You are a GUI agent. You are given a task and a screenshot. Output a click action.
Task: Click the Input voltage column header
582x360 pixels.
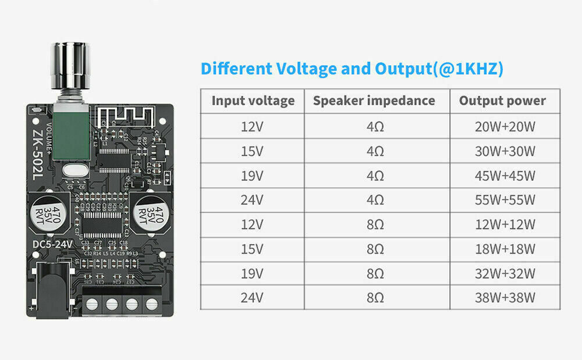point(253,101)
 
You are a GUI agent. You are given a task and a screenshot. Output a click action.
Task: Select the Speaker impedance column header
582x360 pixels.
point(374,101)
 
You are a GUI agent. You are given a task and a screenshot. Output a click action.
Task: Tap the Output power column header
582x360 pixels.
point(502,101)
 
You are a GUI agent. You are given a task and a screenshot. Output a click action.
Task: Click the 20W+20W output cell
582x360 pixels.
point(504,126)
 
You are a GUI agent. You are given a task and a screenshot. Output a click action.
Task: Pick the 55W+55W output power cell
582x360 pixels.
point(504,200)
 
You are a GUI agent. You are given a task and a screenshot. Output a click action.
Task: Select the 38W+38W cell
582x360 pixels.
point(504,298)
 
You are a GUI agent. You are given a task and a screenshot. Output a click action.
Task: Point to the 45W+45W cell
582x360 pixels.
point(504,176)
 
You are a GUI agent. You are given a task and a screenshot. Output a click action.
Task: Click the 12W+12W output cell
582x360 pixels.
point(504,224)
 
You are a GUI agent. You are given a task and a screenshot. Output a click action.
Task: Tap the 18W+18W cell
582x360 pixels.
point(504,249)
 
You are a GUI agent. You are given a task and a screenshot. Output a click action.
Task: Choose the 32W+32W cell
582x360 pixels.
point(504,274)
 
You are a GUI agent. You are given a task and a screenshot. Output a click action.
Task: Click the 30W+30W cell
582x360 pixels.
point(504,151)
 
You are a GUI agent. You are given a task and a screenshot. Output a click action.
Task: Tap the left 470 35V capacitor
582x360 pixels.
point(49,213)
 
